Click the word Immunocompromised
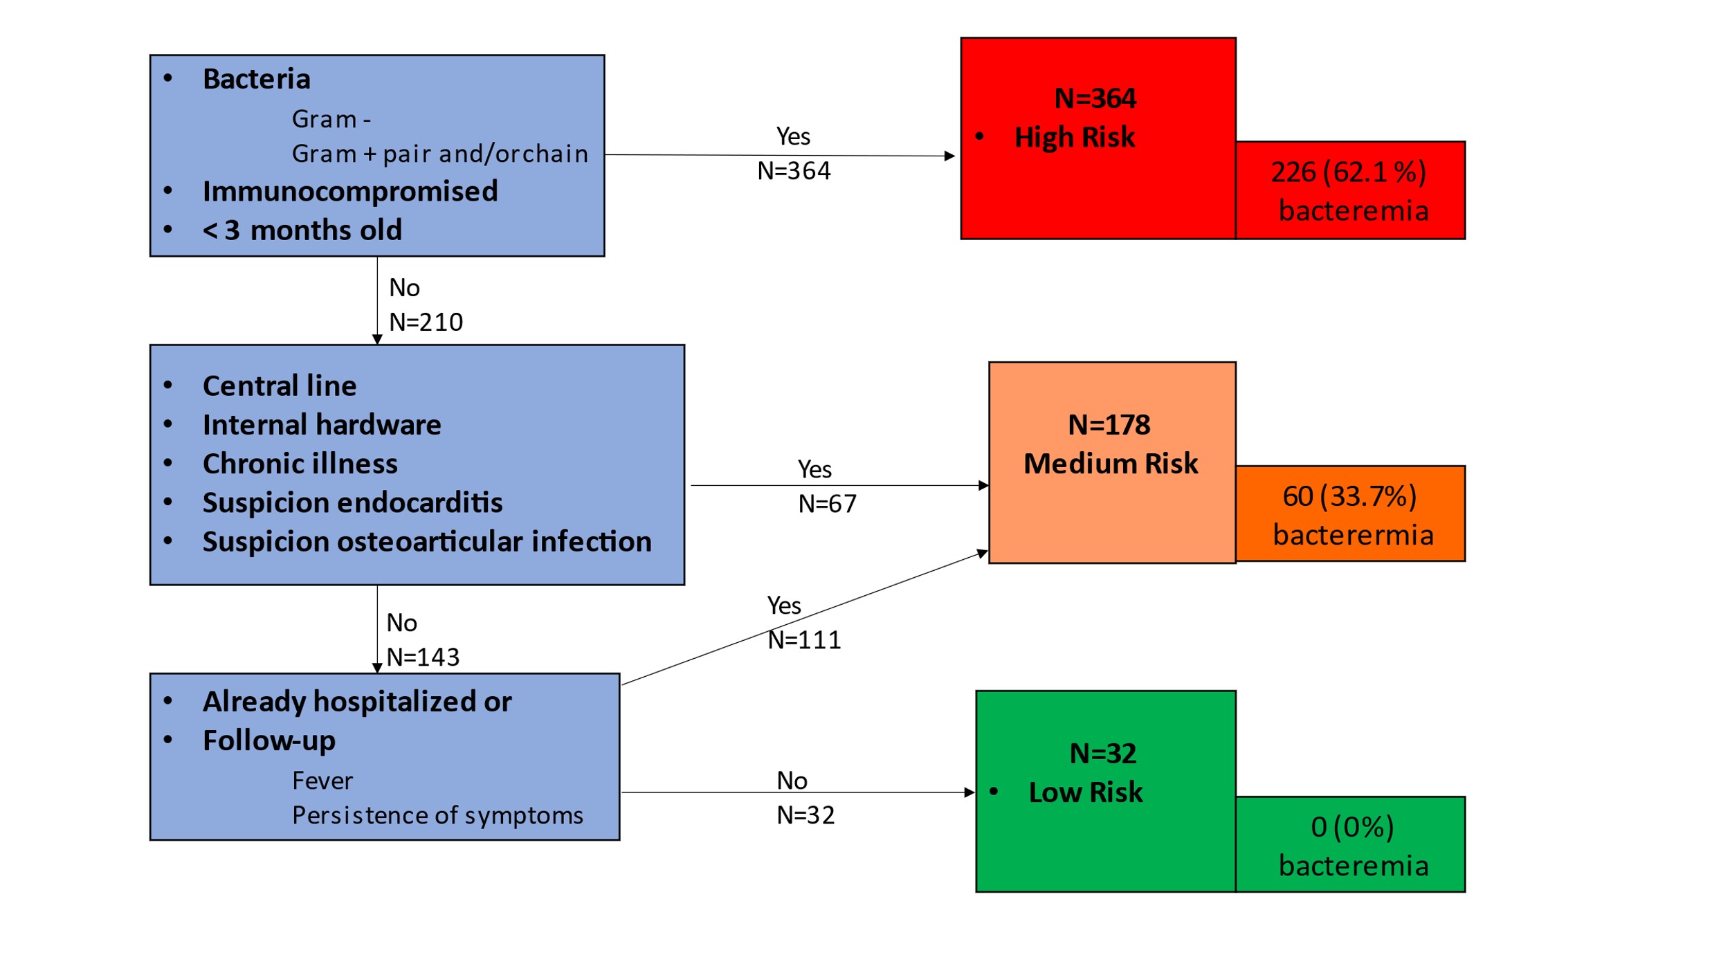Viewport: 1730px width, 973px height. [x=350, y=192]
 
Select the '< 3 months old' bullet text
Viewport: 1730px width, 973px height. [x=302, y=230]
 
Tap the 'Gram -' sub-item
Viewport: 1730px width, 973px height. [x=331, y=119]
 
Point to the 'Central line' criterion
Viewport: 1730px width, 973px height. [x=280, y=385]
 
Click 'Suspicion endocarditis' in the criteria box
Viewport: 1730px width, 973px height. [x=352, y=502]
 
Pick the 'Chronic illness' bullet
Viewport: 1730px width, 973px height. [x=300, y=464]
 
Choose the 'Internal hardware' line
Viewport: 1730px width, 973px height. [x=322, y=424]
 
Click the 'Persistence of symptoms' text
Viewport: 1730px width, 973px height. [x=437, y=816]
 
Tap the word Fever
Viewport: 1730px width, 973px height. [x=322, y=781]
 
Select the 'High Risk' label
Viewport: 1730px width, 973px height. [x=1075, y=138]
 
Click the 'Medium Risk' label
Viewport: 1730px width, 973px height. [x=1111, y=464]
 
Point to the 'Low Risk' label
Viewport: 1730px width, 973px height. [x=1086, y=792]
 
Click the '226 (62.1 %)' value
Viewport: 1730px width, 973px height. [x=1349, y=172]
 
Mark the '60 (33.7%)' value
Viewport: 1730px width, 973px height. [x=1350, y=497]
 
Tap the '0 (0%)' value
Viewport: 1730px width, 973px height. [x=1353, y=828]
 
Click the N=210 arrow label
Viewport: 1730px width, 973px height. [x=426, y=322]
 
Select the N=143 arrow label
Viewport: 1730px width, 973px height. [x=423, y=657]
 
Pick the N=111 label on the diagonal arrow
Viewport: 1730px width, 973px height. [x=804, y=640]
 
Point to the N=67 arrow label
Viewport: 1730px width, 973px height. [x=828, y=504]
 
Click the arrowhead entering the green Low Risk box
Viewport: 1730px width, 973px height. [x=969, y=792]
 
